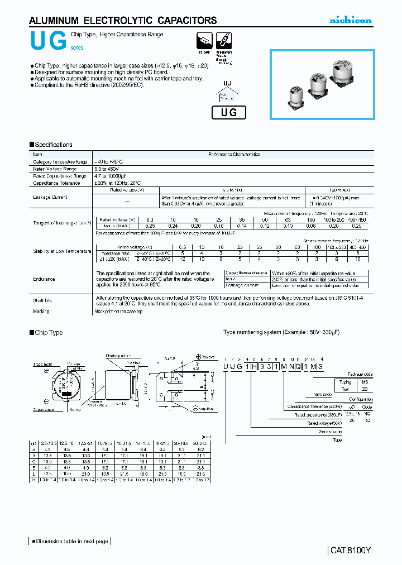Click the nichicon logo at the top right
coord(350,21)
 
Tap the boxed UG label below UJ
coord(229,112)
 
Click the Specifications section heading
coord(51,145)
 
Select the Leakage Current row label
coord(50,197)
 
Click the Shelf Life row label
coord(42,300)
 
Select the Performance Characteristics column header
coord(234,154)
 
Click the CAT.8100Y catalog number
coord(350,550)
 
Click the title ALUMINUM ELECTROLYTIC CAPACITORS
coord(123,21)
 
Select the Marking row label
coord(41,312)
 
